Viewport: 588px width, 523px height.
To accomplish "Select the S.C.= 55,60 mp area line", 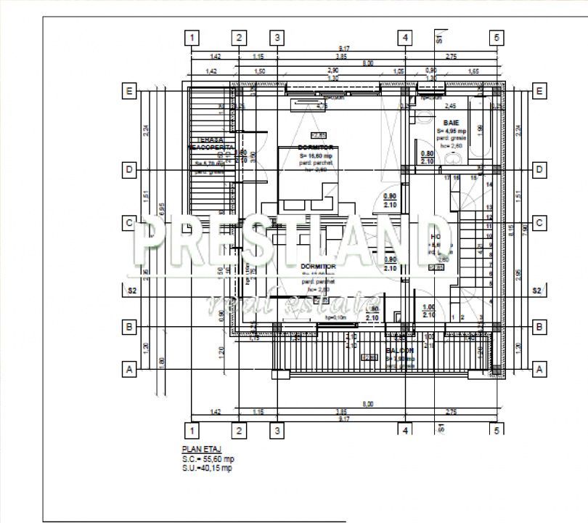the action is pyautogui.click(x=208, y=459).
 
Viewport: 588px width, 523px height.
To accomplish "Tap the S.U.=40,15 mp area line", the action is pyautogui.click(x=207, y=468).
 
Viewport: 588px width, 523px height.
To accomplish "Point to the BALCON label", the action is pyautogui.click(x=399, y=349).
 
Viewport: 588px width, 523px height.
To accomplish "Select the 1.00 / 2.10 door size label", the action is pyautogui.click(x=428, y=312).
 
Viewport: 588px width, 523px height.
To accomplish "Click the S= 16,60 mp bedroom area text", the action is pyautogui.click(x=315, y=155).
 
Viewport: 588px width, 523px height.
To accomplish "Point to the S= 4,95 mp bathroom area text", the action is pyautogui.click(x=451, y=131).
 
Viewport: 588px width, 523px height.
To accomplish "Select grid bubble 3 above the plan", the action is pyautogui.click(x=276, y=38).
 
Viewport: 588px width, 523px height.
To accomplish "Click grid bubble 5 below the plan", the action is pyautogui.click(x=497, y=429).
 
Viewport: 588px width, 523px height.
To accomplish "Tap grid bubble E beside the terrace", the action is pyautogui.click(x=129, y=91).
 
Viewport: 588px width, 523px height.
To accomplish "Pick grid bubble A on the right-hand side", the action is pyautogui.click(x=539, y=369).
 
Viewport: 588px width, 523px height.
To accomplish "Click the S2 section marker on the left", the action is pyautogui.click(x=132, y=291).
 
